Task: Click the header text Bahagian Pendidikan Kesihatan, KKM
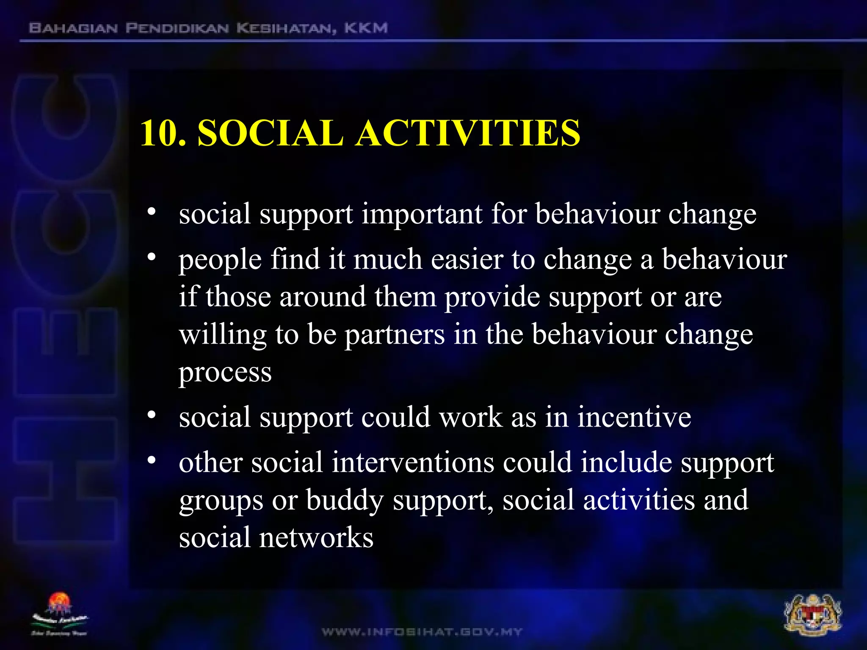208,28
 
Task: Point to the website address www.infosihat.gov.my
422,632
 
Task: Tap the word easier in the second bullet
467,259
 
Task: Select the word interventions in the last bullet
412,462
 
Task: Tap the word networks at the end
316,538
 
